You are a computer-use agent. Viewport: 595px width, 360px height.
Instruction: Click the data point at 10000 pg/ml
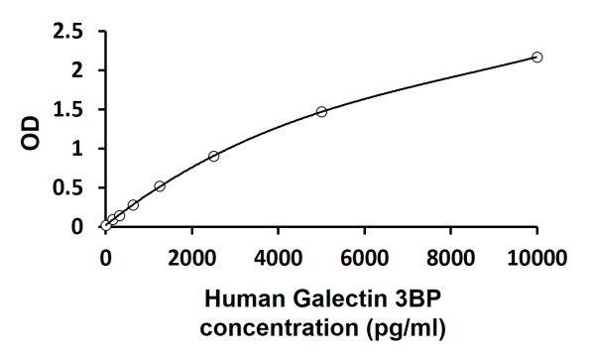537,58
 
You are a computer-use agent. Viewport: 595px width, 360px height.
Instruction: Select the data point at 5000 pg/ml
321,112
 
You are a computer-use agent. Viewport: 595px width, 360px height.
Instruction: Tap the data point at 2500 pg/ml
213,156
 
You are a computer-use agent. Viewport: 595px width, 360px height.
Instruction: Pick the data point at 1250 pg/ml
160,185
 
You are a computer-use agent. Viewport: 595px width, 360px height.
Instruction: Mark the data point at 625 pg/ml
133,205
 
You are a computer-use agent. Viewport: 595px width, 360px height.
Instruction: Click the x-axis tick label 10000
537,259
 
